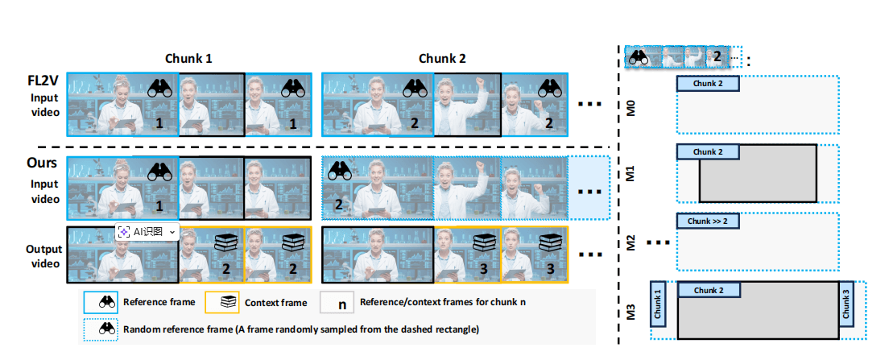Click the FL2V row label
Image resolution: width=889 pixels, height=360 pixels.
click(39, 81)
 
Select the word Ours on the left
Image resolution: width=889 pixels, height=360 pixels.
click(39, 163)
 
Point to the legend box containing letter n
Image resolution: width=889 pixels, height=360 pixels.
click(341, 303)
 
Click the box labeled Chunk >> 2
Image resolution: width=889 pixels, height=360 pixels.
click(708, 221)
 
